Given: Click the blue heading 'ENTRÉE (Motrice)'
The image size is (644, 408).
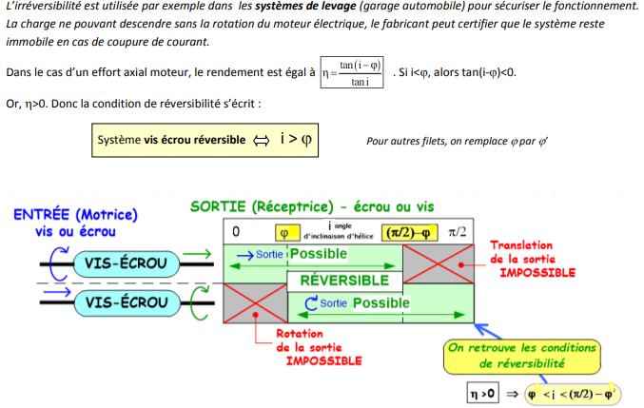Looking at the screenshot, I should tap(76, 215).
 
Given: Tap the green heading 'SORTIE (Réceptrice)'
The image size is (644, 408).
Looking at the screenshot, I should tap(270, 205).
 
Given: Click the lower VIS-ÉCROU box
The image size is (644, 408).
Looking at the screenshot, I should tap(121, 303).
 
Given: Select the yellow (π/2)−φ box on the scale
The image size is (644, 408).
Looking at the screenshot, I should tap(408, 232).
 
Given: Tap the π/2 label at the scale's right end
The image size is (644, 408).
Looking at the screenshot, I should tap(459, 232).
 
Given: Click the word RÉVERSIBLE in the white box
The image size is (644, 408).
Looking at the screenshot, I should tap(344, 281).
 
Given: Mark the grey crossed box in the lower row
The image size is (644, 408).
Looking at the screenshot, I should tap(255, 303).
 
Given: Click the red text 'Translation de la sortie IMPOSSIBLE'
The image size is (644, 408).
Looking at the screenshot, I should tap(532, 259).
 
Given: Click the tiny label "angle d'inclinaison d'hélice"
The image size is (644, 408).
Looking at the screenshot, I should tap(339, 232).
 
